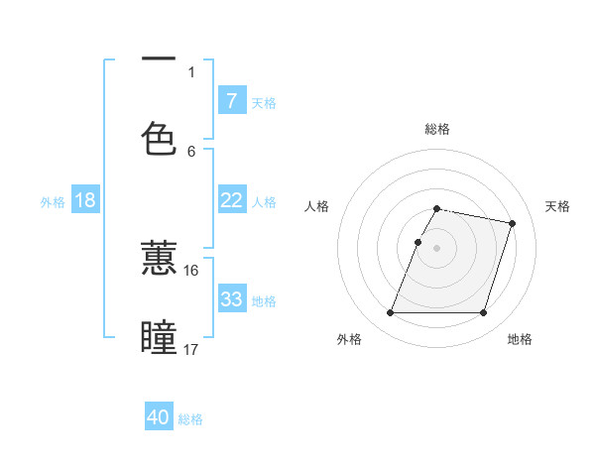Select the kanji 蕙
[159, 259]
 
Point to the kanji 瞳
[159, 338]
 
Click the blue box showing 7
[231, 100]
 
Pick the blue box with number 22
[231, 200]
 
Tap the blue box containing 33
[231, 299]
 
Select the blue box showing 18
[84, 200]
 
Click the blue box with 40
[159, 417]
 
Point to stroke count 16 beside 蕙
[190, 270]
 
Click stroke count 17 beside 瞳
[190, 349]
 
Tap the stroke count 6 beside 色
[191, 151]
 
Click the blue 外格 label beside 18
[53, 201]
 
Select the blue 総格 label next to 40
[190, 419]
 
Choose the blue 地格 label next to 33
[264, 300]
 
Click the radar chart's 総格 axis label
[437, 129]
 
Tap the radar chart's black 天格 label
[558, 206]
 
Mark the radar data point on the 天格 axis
[513, 224]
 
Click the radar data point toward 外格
[391, 313]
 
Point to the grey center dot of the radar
[437, 248]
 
